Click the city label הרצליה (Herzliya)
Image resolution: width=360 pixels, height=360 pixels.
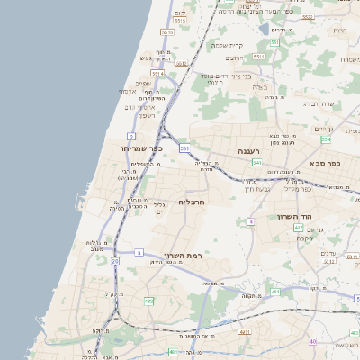[193, 202]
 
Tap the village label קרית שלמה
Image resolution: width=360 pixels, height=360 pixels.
[228, 45]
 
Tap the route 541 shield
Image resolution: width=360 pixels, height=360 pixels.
[257, 163]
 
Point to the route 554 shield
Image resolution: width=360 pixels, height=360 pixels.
[325, 139]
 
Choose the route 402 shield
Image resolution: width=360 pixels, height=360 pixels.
[298, 228]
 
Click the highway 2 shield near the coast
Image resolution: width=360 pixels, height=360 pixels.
[131, 135]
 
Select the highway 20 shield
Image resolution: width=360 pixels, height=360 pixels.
[115, 260]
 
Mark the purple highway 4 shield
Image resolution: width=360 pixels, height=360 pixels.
[251, 220]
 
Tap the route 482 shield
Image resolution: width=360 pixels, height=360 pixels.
[148, 300]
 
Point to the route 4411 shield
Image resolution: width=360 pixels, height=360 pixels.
[245, 331]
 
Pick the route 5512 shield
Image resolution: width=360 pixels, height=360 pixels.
[181, 64]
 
